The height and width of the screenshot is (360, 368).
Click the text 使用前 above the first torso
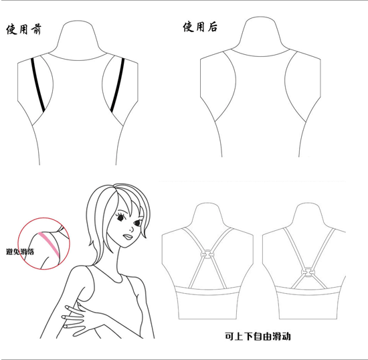click(22, 31)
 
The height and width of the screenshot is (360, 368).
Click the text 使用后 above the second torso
click(199, 27)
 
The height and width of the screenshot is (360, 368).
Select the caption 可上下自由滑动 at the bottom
click(258, 336)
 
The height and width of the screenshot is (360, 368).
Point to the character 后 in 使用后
click(211, 27)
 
